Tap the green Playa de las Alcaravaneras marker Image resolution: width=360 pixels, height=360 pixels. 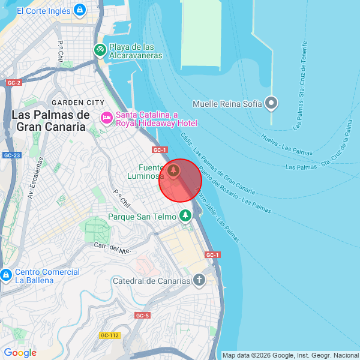100,50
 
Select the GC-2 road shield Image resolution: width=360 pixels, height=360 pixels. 14,82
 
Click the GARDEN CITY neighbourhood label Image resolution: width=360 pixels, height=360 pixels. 78,103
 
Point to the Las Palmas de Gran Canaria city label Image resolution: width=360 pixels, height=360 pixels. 50,121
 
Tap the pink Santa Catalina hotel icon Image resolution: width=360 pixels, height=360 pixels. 106,116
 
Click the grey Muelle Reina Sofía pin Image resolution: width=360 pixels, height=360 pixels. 272,103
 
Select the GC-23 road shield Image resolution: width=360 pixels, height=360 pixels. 11,155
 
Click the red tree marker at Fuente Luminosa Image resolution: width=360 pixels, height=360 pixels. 173,172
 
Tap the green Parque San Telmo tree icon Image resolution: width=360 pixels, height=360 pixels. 185,215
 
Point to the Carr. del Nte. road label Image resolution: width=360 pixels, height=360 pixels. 112,248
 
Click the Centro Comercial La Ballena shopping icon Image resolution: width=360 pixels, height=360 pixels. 6,275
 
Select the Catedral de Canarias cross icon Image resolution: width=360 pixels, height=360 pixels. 199,280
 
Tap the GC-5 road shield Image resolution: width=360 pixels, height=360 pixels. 142,315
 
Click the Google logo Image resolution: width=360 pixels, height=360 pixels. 20,353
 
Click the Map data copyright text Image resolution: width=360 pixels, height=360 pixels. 290,355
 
